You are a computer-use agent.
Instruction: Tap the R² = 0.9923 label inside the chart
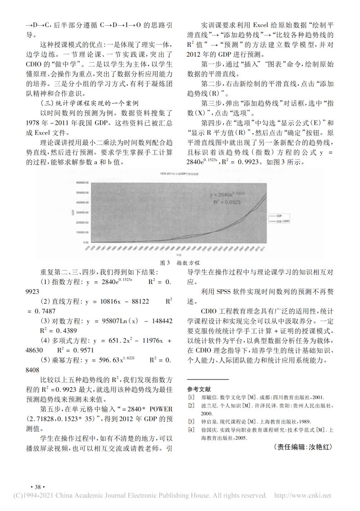click(225, 203)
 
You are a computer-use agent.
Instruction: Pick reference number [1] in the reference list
click(191, 397)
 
